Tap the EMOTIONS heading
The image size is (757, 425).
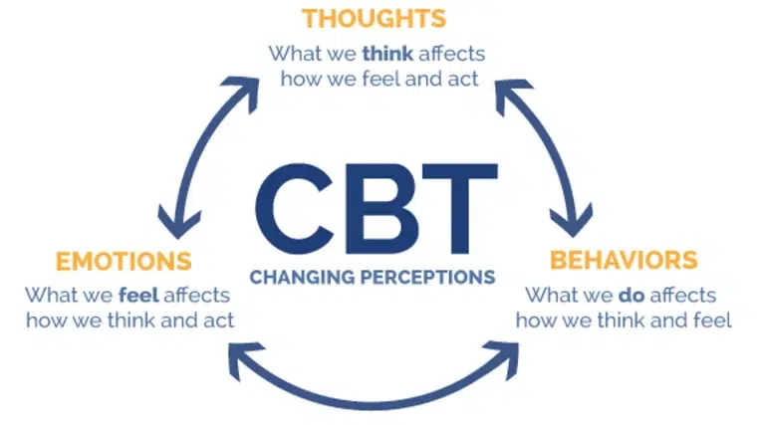[x=124, y=262]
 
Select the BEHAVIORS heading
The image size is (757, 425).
[x=624, y=262]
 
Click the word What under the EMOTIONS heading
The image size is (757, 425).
[x=49, y=296]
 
